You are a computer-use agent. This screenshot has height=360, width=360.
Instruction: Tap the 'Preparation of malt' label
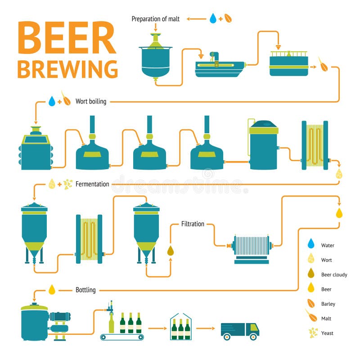155,19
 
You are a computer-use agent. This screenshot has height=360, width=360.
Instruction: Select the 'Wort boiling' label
91,101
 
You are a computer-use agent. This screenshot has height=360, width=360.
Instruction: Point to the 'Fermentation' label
92,184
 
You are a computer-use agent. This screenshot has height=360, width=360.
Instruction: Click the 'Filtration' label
193,224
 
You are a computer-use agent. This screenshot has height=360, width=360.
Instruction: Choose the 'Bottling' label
85,290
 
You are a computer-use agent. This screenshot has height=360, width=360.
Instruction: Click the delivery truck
240,330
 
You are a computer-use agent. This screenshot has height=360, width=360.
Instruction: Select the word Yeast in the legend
327,333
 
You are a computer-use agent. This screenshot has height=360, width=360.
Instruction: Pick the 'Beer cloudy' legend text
334,274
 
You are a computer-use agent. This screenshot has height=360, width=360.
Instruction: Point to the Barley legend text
328,304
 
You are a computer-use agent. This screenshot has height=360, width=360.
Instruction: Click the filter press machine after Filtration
251,247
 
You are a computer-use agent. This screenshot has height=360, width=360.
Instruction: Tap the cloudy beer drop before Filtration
171,250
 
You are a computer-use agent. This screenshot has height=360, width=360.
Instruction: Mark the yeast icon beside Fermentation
68,184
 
